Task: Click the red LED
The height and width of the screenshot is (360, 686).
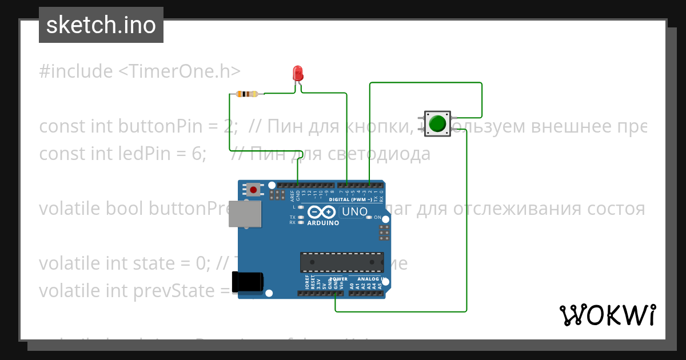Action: [x=298, y=74]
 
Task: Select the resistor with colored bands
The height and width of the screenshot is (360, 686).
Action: [x=246, y=94]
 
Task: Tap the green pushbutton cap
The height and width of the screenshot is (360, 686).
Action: [x=438, y=123]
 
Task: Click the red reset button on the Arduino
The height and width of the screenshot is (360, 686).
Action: [x=253, y=189]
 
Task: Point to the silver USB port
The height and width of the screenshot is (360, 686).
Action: [x=244, y=215]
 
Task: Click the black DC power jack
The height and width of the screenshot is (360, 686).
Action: [x=248, y=283]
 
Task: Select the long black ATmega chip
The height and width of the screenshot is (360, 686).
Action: [x=342, y=262]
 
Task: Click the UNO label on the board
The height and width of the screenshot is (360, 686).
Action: [x=354, y=212]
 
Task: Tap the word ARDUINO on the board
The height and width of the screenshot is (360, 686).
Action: [x=323, y=223]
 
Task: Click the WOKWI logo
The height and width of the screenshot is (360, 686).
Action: [x=607, y=315]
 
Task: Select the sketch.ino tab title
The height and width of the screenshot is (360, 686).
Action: [x=101, y=25]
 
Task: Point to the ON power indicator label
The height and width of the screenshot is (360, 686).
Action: [x=377, y=217]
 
